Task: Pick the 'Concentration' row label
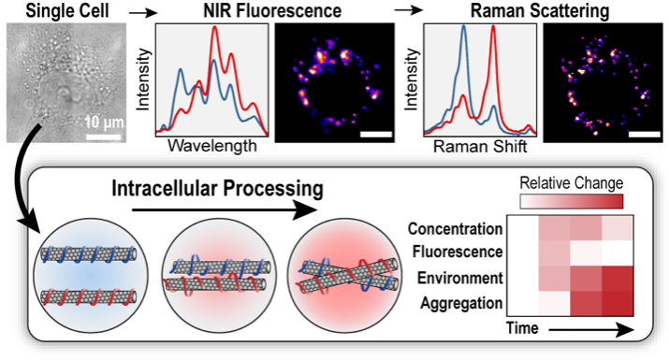point(453,229)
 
